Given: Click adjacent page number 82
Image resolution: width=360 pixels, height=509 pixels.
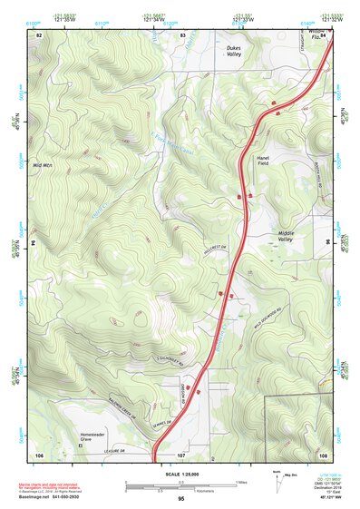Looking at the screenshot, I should (x=39, y=34).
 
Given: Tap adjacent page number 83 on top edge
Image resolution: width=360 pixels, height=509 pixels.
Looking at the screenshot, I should (x=182, y=34).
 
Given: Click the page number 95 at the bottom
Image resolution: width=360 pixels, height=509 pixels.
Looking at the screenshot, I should (x=181, y=500).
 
